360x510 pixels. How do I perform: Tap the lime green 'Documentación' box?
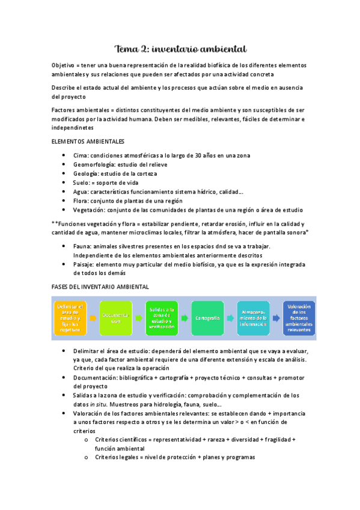pyautogui.click(x=115, y=318)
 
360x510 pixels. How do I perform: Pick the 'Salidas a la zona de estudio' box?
pyautogui.click(x=162, y=318)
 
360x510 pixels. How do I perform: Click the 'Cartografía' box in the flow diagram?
pyautogui.click(x=207, y=318)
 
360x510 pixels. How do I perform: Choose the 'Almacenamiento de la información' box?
pyautogui.click(x=252, y=318)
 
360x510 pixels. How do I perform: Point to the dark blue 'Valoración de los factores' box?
pyautogui.click(x=299, y=318)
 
